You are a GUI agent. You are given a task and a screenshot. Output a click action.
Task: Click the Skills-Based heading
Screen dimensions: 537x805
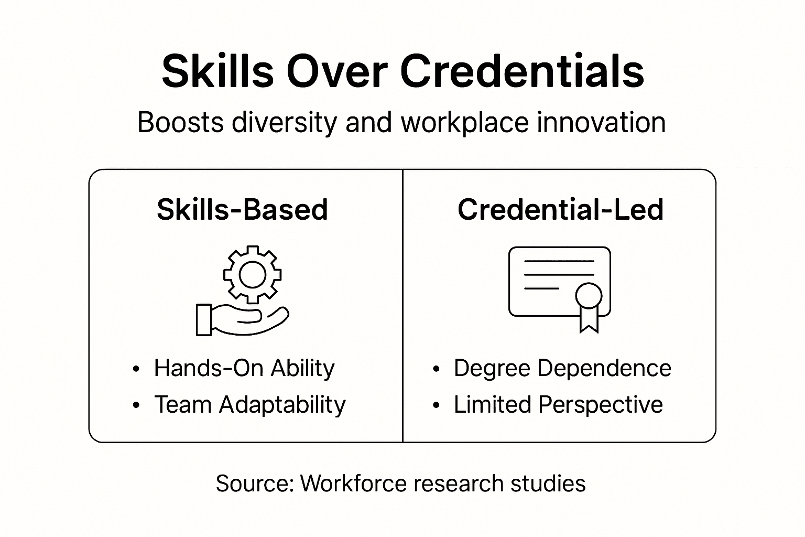(242, 210)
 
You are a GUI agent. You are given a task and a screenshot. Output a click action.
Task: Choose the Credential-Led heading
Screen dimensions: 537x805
(560, 210)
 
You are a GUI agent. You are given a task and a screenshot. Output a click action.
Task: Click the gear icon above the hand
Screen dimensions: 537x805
(252, 274)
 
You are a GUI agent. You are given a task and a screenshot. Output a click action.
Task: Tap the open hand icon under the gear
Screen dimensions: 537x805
(242, 319)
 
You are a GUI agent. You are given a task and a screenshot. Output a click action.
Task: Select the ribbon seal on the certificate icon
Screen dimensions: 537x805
(589, 304)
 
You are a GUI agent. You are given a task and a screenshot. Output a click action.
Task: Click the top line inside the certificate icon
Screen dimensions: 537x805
(559, 261)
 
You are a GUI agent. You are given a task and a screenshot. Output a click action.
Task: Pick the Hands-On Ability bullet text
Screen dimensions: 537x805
(244, 368)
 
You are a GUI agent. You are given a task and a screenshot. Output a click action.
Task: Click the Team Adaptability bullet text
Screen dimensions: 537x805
(250, 405)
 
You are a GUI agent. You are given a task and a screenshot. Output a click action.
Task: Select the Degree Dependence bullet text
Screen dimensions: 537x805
(562, 368)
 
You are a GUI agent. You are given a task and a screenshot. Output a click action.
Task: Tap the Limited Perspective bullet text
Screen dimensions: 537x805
(558, 405)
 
